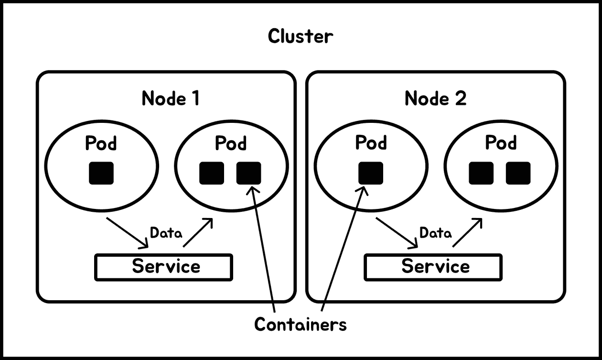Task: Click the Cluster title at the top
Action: pyautogui.click(x=300, y=36)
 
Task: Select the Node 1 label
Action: pyautogui.click(x=171, y=98)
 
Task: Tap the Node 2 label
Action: pyautogui.click(x=435, y=98)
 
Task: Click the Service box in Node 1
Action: pyautogui.click(x=164, y=267)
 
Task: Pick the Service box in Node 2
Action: pyautogui.click(x=433, y=267)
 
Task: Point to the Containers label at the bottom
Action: pyautogui.click(x=300, y=324)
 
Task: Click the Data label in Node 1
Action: pyautogui.click(x=166, y=233)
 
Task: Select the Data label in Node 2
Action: pyautogui.click(x=435, y=233)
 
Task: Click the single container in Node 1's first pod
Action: pyautogui.click(x=101, y=173)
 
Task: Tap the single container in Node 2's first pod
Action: pyautogui.click(x=371, y=173)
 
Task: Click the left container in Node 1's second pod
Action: pyautogui.click(x=212, y=173)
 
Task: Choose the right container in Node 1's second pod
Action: pyautogui.click(x=249, y=173)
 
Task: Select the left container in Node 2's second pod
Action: pyautogui.click(x=481, y=173)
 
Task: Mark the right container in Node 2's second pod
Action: pyautogui.click(x=518, y=173)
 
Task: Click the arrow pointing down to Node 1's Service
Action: pyautogui.click(x=127, y=233)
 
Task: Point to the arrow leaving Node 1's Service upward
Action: pyautogui.click(x=198, y=232)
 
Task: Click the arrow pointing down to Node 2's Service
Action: pyautogui.click(x=397, y=233)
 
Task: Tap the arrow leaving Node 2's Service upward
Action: pyautogui.click(x=467, y=232)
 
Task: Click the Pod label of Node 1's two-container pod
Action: pyautogui.click(x=231, y=143)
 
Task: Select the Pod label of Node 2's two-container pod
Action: pyautogui.click(x=501, y=143)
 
